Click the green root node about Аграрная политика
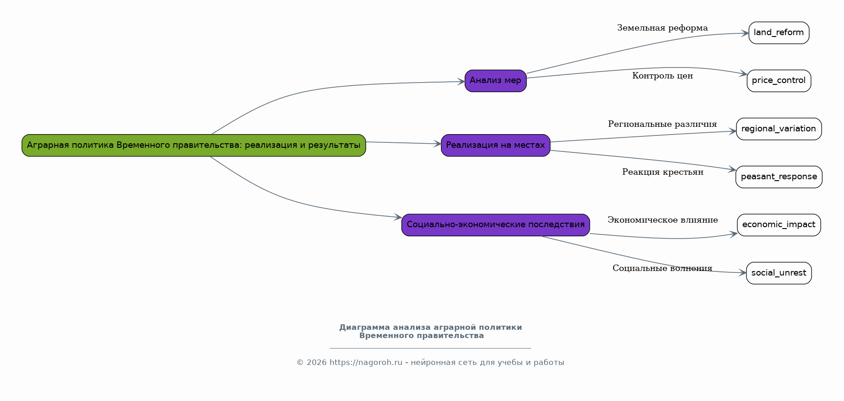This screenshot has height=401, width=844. (x=194, y=145)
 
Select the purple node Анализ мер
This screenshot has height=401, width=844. (x=495, y=81)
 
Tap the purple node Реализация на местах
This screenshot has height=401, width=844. (x=495, y=145)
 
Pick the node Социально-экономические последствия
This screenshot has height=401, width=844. (x=495, y=225)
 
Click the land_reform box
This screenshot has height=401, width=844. (x=779, y=33)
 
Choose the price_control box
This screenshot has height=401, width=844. (x=779, y=81)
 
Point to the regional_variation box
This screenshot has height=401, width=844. (x=779, y=129)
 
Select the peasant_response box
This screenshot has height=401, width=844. (x=779, y=177)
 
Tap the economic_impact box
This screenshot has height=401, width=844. (x=779, y=225)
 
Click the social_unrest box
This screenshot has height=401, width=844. (x=779, y=273)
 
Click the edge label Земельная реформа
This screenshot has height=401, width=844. (x=662, y=28)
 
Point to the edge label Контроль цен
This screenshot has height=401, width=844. (x=662, y=76)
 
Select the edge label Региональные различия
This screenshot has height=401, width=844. (x=662, y=124)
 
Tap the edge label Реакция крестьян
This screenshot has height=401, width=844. (x=662, y=172)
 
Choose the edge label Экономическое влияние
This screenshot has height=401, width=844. (x=662, y=220)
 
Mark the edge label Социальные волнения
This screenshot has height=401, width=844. (x=662, y=268)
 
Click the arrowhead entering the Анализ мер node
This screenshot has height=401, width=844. (x=461, y=82)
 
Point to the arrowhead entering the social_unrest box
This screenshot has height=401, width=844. (x=743, y=273)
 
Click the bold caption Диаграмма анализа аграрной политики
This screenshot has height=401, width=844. (x=430, y=328)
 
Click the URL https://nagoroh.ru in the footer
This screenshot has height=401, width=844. (x=366, y=363)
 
